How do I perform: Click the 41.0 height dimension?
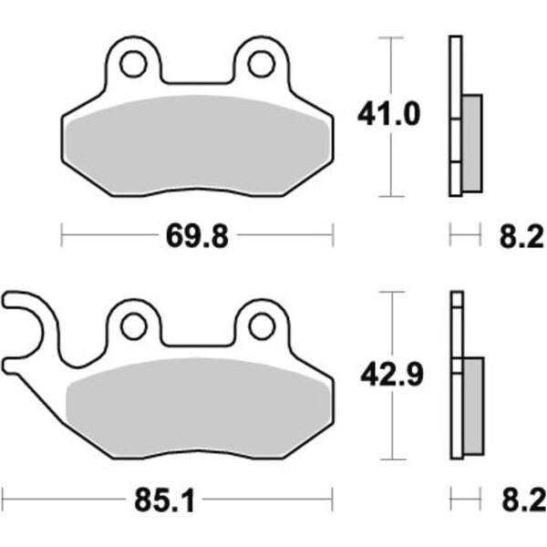388,114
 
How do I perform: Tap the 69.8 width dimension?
197,236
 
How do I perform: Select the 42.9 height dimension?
391,375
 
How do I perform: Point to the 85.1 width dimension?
164,500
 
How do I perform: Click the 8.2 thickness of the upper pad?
521,236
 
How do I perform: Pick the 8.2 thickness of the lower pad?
524,500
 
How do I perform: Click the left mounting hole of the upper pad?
133,64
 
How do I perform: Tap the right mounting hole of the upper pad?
261,64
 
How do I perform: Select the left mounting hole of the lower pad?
134,326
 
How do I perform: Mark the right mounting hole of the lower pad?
262,326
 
